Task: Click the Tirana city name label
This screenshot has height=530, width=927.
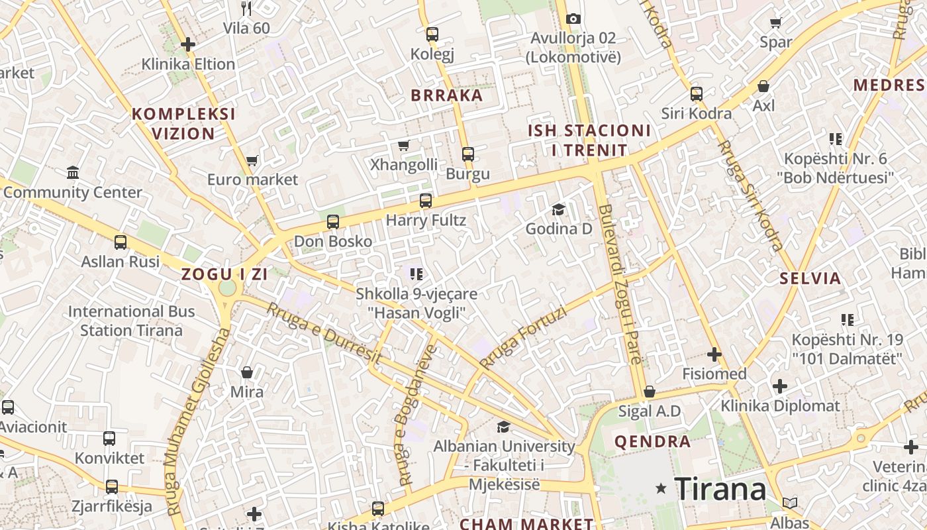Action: click(x=720, y=489)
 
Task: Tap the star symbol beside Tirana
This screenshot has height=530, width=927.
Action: click(x=661, y=488)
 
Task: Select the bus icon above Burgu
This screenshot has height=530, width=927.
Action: click(x=468, y=154)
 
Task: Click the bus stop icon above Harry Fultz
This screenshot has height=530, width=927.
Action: click(x=426, y=200)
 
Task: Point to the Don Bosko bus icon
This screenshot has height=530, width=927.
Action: click(x=333, y=221)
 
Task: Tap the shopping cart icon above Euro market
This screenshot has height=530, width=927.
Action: click(x=252, y=160)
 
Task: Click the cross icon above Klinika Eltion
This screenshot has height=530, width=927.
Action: click(x=188, y=44)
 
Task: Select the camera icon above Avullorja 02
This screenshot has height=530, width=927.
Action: click(x=573, y=19)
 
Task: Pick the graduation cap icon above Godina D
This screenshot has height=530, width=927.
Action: click(x=559, y=210)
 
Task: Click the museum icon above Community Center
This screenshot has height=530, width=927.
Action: click(x=73, y=173)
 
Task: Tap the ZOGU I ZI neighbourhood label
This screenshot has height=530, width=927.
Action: click(x=225, y=274)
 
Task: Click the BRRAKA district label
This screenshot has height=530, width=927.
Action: click(x=447, y=95)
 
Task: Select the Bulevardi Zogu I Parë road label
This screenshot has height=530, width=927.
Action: click(x=620, y=284)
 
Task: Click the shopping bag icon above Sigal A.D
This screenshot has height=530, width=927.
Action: click(x=650, y=392)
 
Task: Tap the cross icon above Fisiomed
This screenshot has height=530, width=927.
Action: click(x=714, y=354)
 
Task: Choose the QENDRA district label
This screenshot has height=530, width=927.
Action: click(x=652, y=442)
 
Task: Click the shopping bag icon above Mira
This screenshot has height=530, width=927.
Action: click(x=247, y=372)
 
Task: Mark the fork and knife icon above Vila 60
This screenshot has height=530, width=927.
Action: click(x=247, y=8)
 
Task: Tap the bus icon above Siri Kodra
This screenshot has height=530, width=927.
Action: click(x=697, y=93)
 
